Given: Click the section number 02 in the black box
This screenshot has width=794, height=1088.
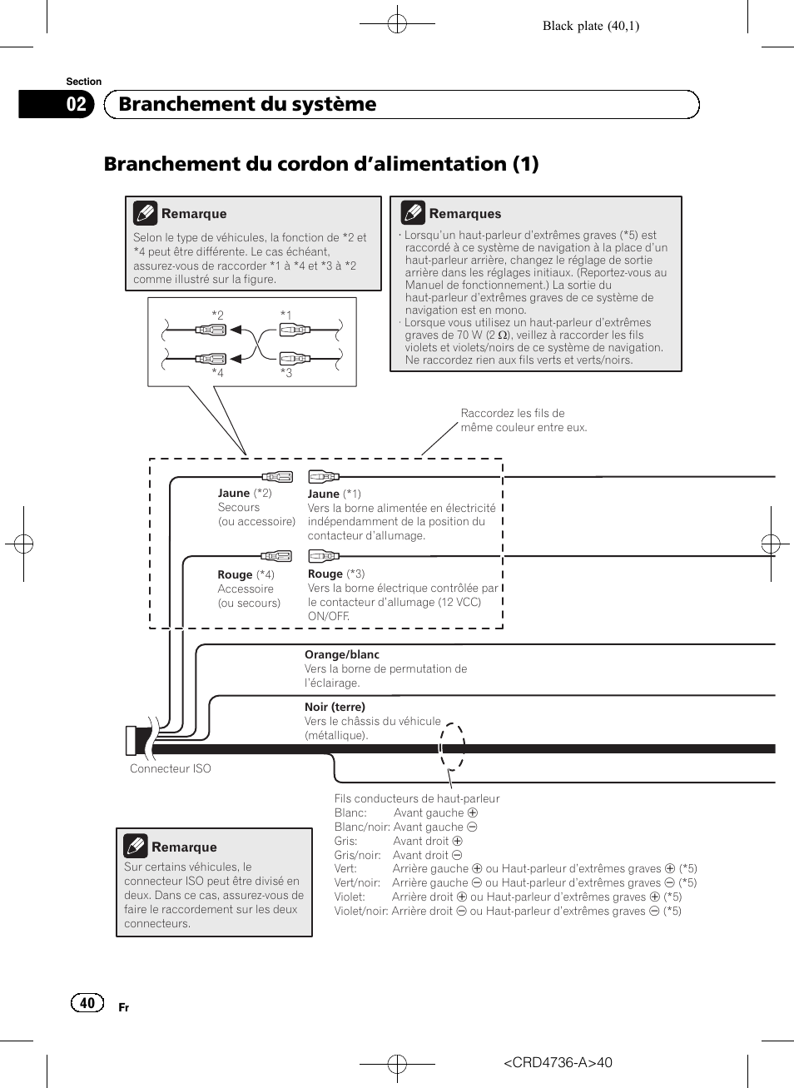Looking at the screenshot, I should tap(76, 104).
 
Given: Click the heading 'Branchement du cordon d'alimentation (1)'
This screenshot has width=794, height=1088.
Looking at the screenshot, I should tap(321, 164).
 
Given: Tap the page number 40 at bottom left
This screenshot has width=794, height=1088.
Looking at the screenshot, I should tap(87, 1002).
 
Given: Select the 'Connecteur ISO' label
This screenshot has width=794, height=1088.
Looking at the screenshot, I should tap(171, 768).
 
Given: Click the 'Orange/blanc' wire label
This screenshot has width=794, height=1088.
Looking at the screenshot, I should tap(342, 654).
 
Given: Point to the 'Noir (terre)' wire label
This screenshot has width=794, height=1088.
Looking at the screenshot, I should tap(335, 707).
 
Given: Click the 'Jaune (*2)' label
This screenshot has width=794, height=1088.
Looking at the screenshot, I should tap(245, 493).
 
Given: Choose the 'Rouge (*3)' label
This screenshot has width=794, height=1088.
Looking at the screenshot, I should tap(336, 574).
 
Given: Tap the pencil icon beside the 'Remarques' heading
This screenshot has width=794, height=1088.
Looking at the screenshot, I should tap(413, 212).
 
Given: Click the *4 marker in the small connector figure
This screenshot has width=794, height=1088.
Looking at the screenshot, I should tap(217, 373).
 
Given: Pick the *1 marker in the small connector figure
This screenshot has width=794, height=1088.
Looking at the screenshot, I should tap(285, 315).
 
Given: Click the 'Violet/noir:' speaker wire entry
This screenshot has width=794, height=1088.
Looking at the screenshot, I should tap(361, 911).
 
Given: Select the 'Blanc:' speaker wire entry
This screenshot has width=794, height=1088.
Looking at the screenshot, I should tap(350, 812).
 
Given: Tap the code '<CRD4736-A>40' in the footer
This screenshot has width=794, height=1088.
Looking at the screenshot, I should tap(558, 1062).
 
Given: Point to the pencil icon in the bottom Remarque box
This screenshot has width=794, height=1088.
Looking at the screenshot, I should tap(136, 846).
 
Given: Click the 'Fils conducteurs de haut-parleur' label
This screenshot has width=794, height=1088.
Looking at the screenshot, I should tap(417, 798).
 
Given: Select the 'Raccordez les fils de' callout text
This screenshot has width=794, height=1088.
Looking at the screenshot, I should tap(513, 413).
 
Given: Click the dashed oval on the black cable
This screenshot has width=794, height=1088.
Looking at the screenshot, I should tap(452, 747).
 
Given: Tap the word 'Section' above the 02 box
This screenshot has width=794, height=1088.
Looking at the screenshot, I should tap(84, 82).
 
